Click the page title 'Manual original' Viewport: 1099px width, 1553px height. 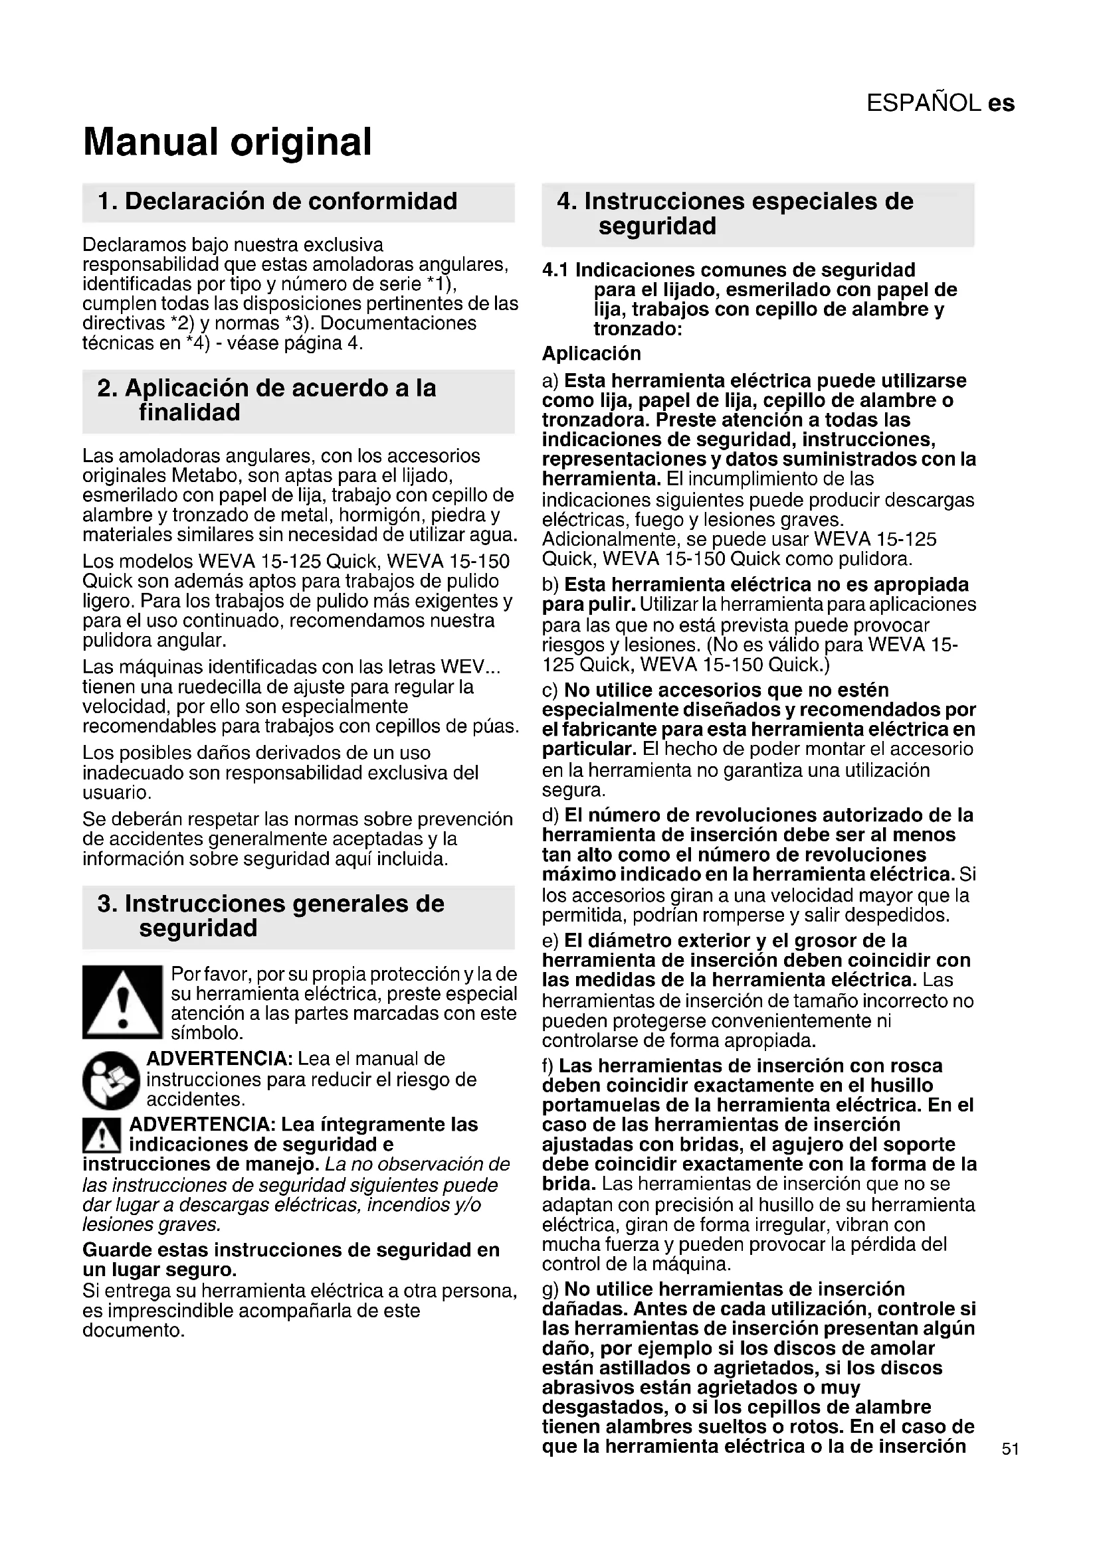[227, 142]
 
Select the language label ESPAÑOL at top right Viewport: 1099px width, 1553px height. [924, 103]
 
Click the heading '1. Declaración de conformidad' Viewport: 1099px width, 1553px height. [278, 202]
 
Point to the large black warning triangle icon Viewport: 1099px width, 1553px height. [122, 1002]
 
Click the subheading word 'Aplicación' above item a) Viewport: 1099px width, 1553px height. [591, 354]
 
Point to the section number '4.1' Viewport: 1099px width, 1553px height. [555, 270]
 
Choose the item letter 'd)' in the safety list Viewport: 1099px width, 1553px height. [551, 815]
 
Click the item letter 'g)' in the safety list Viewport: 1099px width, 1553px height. [551, 1289]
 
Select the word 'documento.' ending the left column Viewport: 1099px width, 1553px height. [134, 1331]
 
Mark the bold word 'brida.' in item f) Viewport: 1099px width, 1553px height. [569, 1184]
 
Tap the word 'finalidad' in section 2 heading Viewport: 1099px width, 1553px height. [189, 412]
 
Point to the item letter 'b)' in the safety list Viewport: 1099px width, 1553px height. [551, 584]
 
